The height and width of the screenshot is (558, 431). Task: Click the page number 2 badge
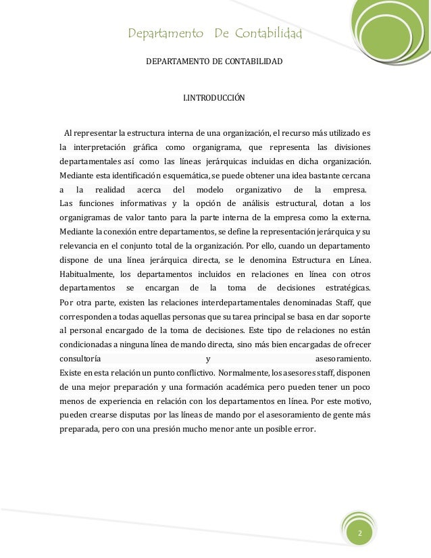click(x=360, y=534)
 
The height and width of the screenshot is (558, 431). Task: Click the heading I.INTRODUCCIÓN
click(x=214, y=99)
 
